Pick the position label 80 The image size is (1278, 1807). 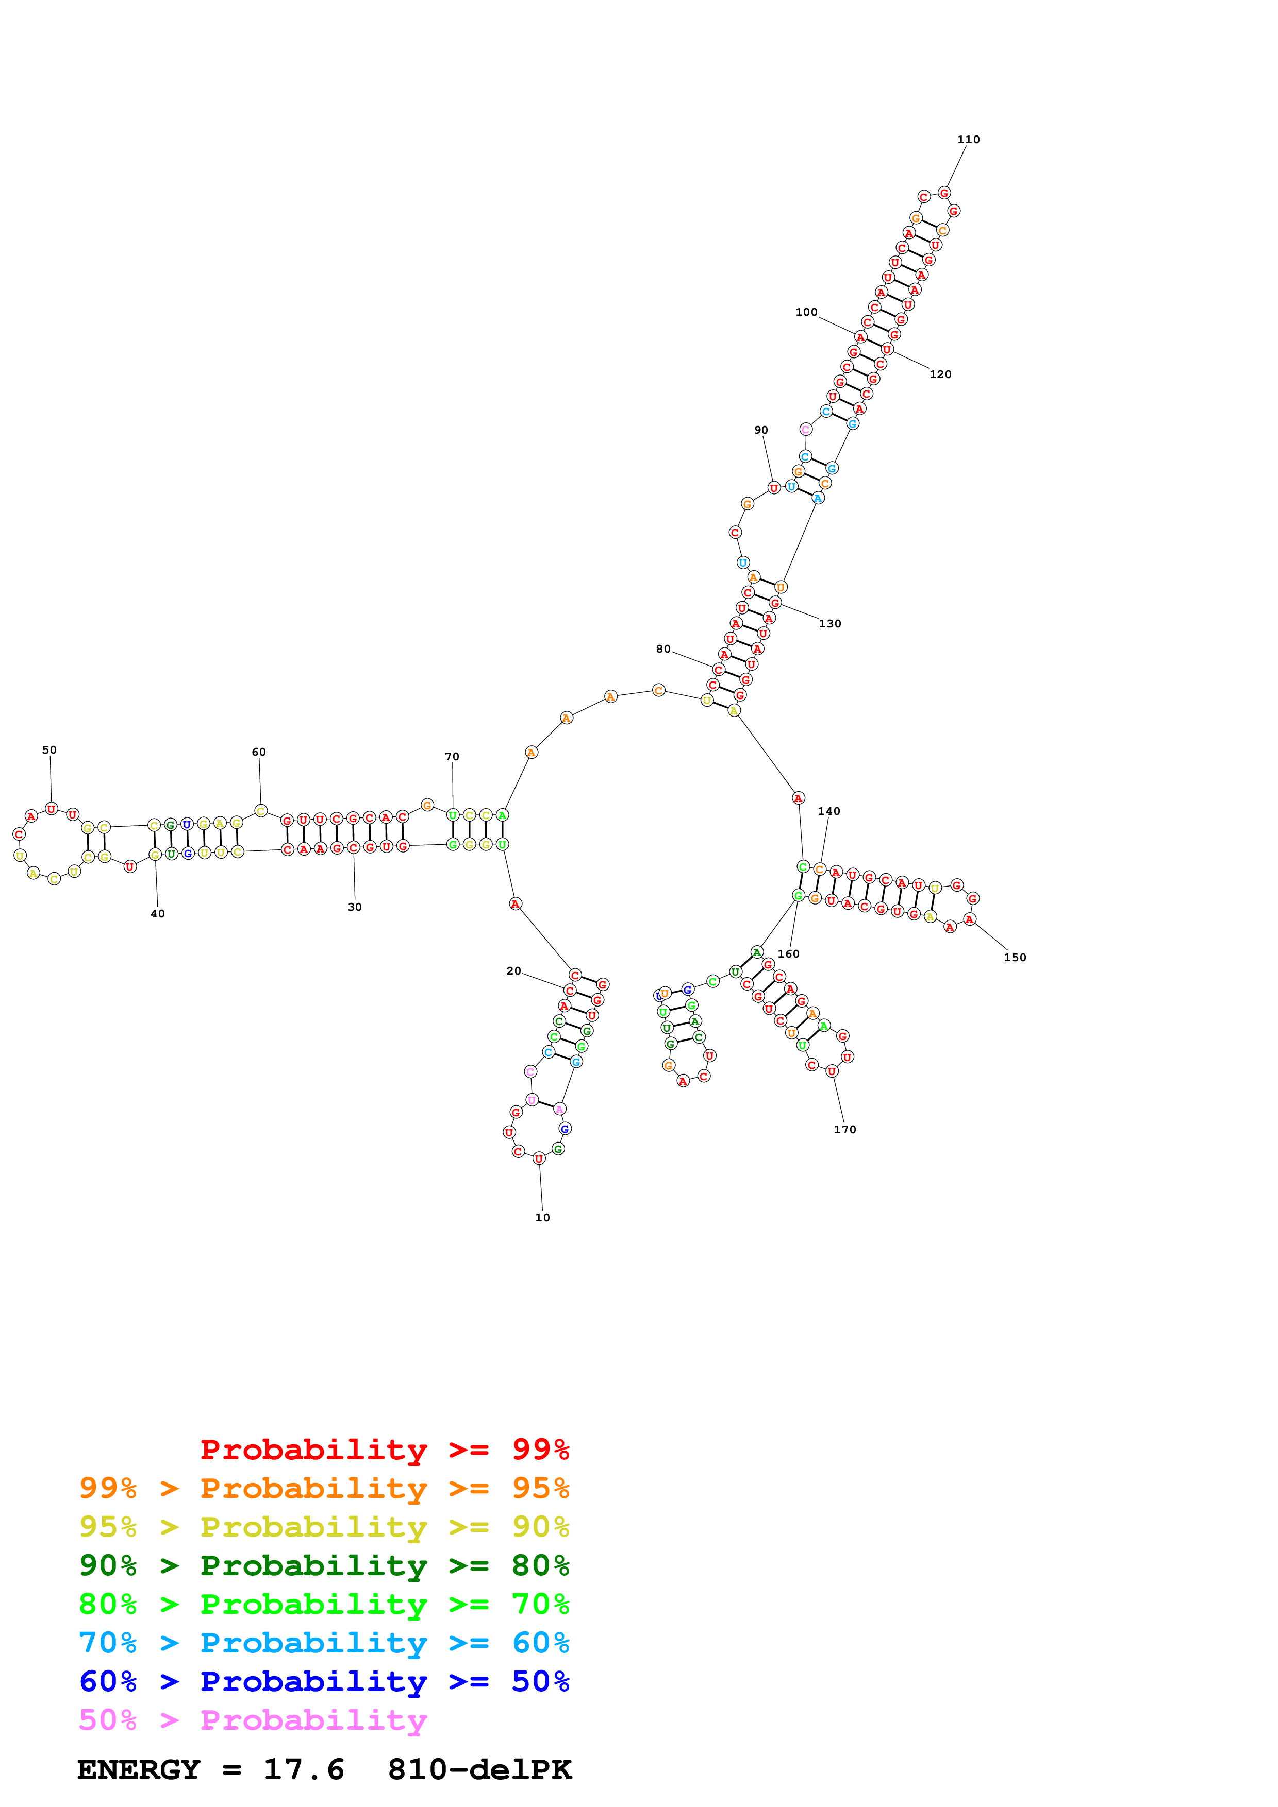pos(663,649)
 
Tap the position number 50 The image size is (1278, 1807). pos(49,750)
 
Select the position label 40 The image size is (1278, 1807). pos(157,914)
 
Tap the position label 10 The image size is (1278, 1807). pos(542,1218)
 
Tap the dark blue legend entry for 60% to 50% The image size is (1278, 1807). pos(324,1681)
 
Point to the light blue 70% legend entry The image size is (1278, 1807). pos(324,1643)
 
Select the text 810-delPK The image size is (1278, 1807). pos(479,1769)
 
